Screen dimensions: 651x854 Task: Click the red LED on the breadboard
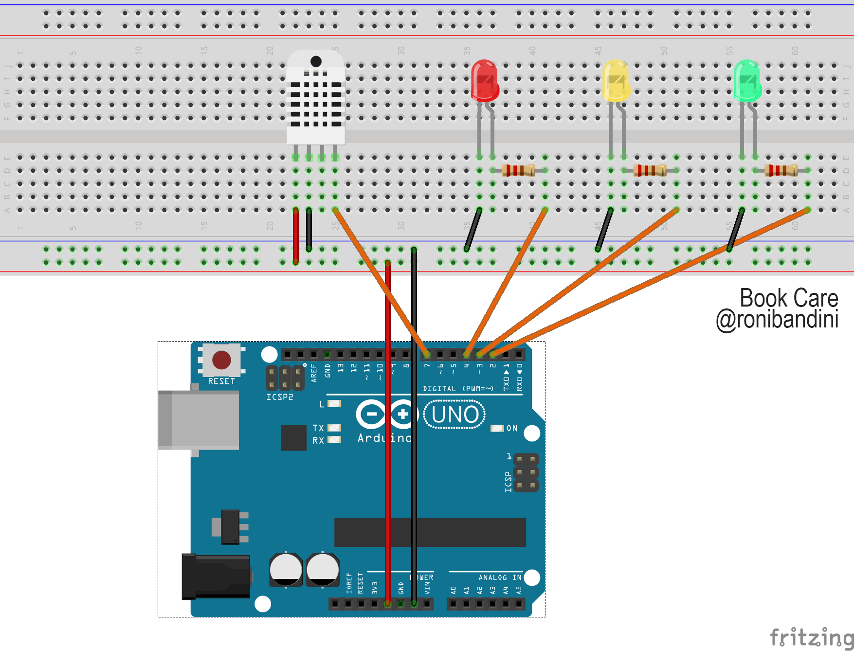tap(485, 81)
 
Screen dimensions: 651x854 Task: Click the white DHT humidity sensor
tap(316, 100)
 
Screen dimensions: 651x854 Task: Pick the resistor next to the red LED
tap(518, 170)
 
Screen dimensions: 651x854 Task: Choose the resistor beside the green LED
tap(781, 170)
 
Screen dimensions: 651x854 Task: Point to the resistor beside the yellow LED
tap(650, 170)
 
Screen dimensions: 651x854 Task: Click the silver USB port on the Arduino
tap(200, 420)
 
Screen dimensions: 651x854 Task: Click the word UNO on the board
tap(455, 415)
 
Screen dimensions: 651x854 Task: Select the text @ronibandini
tap(777, 320)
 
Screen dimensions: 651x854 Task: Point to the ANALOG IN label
tap(500, 578)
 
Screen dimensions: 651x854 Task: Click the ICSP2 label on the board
tap(280, 397)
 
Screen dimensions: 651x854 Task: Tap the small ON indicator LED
tap(497, 428)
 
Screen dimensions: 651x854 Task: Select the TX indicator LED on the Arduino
tap(334, 428)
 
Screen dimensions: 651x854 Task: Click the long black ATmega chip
tap(430, 532)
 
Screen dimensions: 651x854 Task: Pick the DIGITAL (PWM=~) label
tap(458, 389)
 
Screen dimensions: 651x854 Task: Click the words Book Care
tap(789, 298)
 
